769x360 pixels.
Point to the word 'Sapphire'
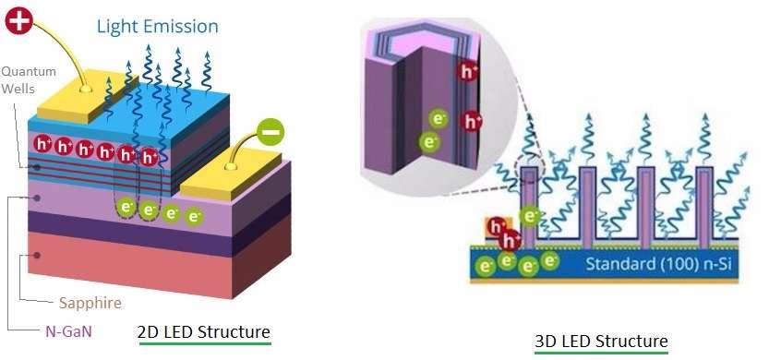coord(90,302)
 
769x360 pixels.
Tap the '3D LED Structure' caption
coord(601,341)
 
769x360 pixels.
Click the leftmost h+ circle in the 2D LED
coord(42,144)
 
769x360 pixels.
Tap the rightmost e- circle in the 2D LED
coord(194,218)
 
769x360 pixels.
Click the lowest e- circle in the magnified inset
coord(429,141)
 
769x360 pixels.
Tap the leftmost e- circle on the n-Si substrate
coord(485,267)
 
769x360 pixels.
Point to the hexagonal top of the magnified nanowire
coord(406,46)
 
